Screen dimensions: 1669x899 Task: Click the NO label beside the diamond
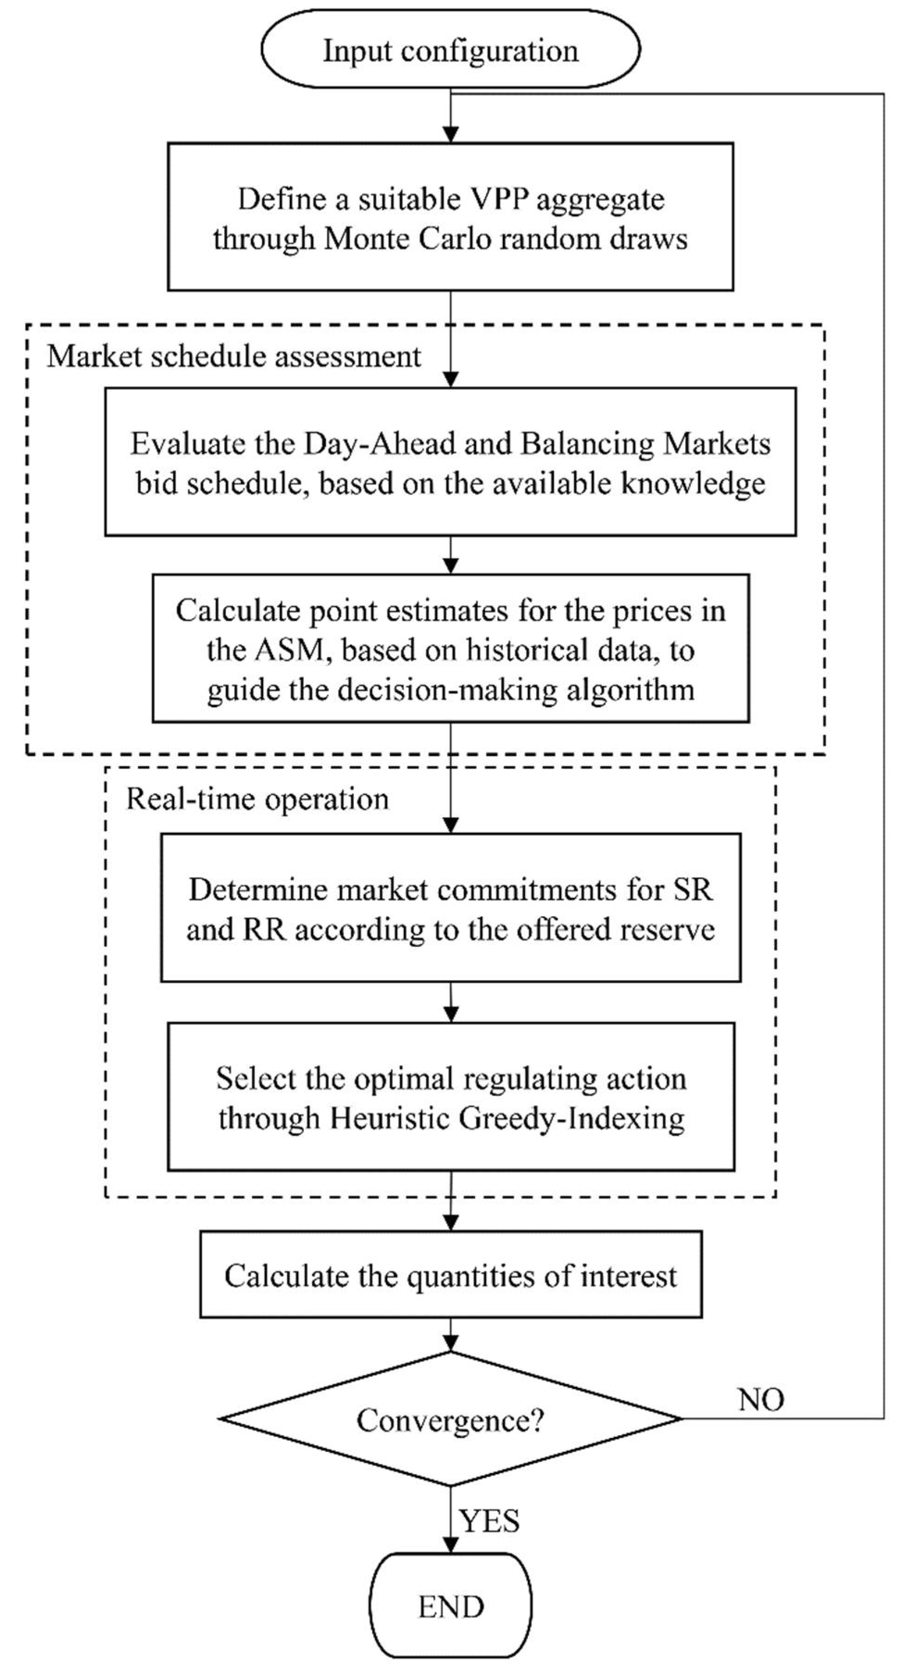tap(761, 1400)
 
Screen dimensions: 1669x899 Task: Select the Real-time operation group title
tap(257, 799)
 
